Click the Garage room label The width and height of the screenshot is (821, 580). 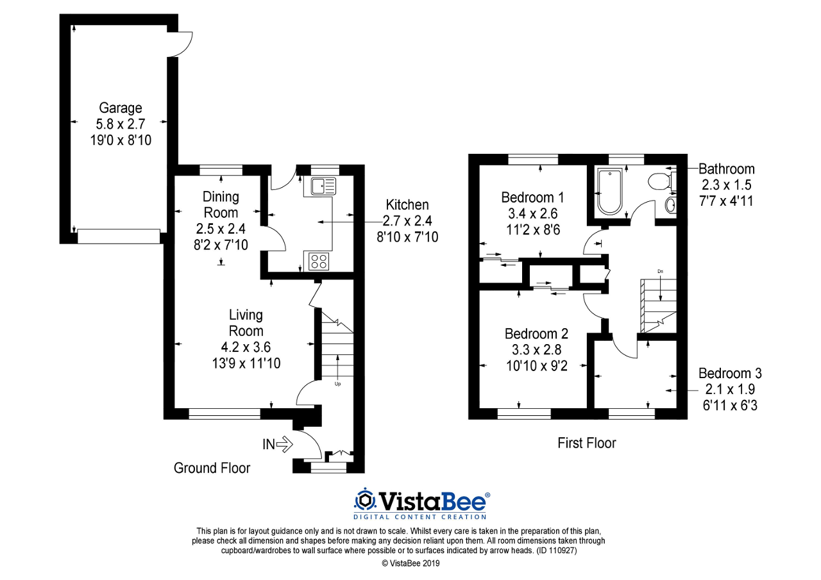click(121, 108)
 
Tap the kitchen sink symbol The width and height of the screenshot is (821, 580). click(323, 186)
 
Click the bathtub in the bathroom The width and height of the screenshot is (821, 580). click(609, 192)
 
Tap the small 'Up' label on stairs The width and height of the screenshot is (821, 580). click(337, 385)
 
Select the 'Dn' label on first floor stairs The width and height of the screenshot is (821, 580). click(660, 271)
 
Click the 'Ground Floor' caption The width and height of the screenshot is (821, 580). click(212, 468)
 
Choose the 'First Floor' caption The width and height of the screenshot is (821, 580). click(586, 443)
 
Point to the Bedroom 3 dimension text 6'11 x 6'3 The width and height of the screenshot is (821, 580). click(731, 405)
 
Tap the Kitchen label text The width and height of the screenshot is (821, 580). click(407, 205)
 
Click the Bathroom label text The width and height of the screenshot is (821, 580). click(726, 169)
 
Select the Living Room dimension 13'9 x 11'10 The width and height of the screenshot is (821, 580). click(246, 363)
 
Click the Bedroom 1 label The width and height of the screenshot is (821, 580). click(532, 197)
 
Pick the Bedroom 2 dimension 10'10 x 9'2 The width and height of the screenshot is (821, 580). click(536, 366)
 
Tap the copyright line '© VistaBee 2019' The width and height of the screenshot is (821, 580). click(411, 563)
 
